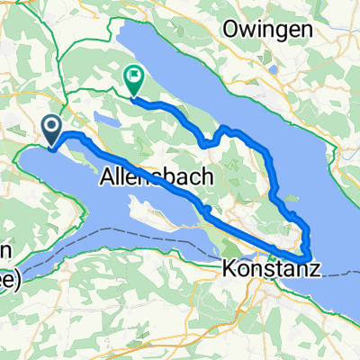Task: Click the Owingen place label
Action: tap(268, 30)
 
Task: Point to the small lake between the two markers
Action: tap(105, 118)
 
